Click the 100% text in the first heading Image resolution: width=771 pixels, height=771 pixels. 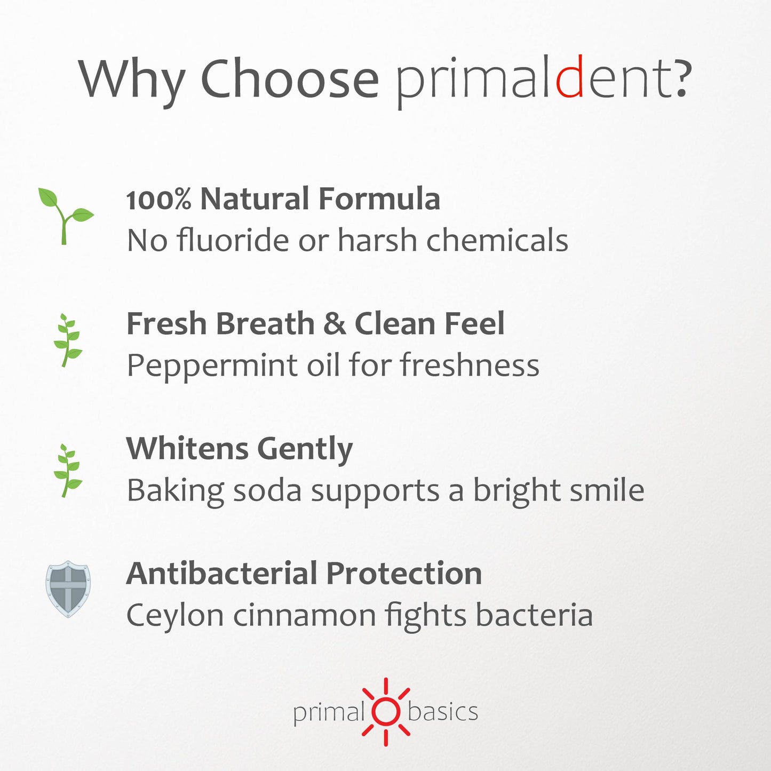point(158,199)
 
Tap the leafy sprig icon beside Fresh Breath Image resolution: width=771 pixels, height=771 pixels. point(68,340)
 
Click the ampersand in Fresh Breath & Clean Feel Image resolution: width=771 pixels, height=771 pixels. point(335,324)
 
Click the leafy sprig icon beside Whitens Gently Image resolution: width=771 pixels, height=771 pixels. point(68,470)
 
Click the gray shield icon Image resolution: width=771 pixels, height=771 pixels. point(68,589)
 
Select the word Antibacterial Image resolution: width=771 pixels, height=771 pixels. point(222,573)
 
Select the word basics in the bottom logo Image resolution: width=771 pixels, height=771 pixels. point(443,711)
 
